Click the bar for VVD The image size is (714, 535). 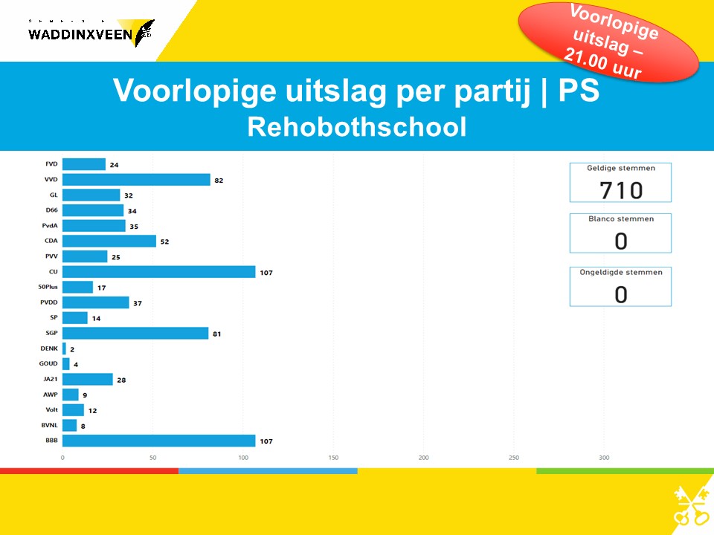pos(136,180)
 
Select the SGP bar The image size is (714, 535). pos(135,333)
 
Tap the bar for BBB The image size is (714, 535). pos(158,441)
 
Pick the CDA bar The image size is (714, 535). pos(109,241)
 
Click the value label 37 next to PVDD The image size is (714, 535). pos(137,303)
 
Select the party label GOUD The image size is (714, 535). pos(48,364)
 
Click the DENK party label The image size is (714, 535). pos(49,348)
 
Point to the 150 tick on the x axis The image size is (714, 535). pos(333,458)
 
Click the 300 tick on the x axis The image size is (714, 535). pos(604,458)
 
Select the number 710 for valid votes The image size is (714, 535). pos(620,190)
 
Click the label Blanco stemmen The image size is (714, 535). pos(620,219)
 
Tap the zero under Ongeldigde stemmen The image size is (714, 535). pos(620,294)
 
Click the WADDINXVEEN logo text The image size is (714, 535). pos(80,33)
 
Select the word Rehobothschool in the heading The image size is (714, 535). pos(357,127)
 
